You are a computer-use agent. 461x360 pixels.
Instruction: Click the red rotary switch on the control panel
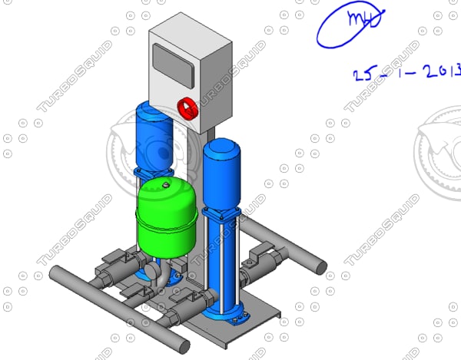pos(187,108)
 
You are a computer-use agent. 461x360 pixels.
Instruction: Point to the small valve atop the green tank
pos(164,183)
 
